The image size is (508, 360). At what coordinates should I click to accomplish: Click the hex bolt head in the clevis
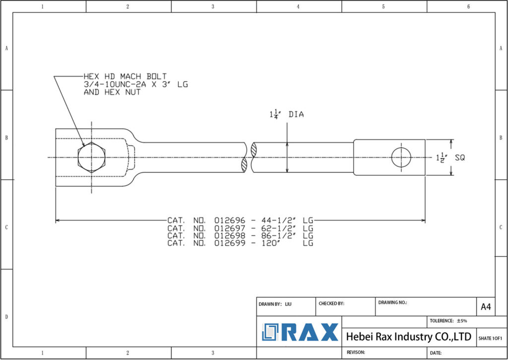pos(92,158)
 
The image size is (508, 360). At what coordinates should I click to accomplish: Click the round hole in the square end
pos(401,157)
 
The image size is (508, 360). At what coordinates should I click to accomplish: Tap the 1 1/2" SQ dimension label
pos(449,157)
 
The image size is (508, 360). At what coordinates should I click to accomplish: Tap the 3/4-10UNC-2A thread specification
pos(116,84)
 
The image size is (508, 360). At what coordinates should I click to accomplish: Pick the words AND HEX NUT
pos(112,92)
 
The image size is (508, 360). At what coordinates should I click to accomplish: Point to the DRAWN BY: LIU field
pos(275,303)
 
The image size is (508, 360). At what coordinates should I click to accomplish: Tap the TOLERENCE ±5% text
pos(448,321)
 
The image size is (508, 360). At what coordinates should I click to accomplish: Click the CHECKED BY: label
pos(331,303)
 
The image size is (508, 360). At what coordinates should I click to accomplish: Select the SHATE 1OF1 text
pos(490,338)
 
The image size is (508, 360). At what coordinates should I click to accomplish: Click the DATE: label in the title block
pos(436,353)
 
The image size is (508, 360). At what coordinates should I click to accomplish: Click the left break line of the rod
pos(245,157)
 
